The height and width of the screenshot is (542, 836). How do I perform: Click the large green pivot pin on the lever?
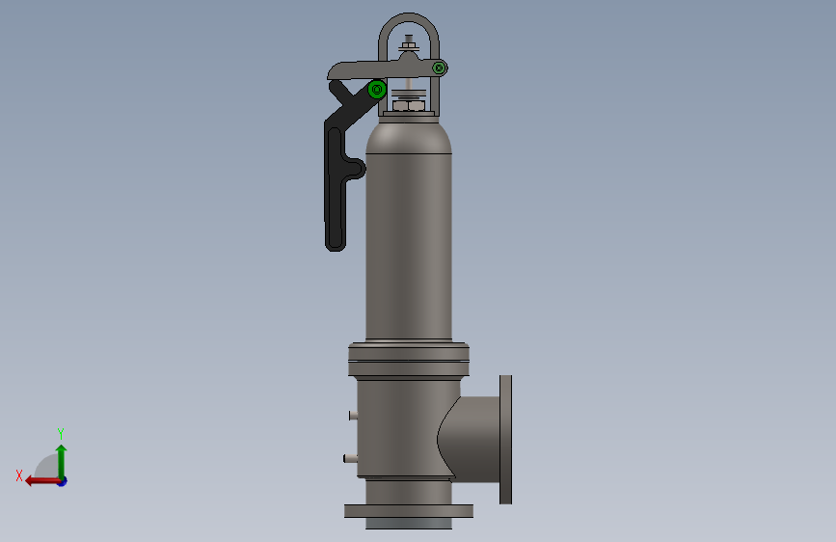coord(377,89)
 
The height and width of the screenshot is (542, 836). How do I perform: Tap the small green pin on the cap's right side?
coord(440,68)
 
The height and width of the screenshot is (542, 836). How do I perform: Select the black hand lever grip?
coord(336,188)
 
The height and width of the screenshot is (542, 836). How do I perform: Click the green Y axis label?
coord(61,433)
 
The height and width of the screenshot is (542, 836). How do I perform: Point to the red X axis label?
coord(19,475)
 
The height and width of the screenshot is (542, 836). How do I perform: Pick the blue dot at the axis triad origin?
coord(63,482)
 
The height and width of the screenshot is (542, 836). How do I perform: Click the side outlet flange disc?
coord(505,440)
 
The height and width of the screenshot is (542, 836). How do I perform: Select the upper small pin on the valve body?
coord(353,415)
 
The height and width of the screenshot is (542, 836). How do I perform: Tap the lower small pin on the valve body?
coord(350,458)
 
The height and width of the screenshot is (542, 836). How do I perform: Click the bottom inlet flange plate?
coord(409,511)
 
